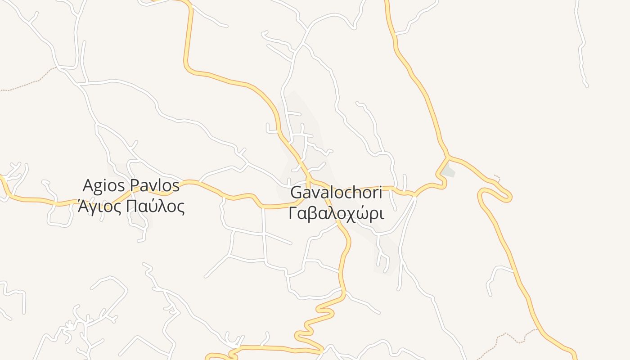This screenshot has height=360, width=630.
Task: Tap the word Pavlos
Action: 155,185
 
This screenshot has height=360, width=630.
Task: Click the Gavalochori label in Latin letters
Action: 336,193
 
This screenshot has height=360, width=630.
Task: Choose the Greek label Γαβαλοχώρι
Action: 336,213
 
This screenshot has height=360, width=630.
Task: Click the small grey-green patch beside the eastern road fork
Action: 449,171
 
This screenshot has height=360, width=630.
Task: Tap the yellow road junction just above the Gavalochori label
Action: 309,180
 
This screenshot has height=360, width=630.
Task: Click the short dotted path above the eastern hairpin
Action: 497,177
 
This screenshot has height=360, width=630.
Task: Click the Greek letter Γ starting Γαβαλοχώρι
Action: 293,213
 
